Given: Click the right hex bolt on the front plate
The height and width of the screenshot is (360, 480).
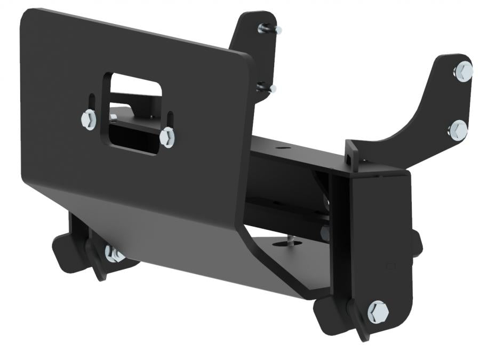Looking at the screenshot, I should tap(167, 137).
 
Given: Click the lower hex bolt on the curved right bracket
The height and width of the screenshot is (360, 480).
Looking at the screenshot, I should tap(458, 130).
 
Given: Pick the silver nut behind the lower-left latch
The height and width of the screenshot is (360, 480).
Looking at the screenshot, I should tap(113, 254).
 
